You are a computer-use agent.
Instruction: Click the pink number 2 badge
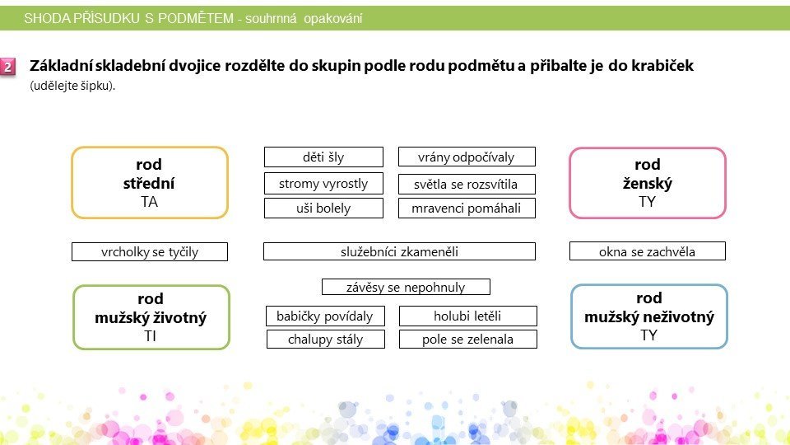[x=8, y=67]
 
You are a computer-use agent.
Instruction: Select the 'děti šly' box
[x=323, y=157]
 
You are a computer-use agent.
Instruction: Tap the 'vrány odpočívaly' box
[x=467, y=157]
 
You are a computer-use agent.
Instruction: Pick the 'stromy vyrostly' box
[x=323, y=183]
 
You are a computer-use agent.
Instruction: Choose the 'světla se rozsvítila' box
[x=467, y=184]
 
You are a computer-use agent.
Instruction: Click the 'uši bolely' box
[x=323, y=208]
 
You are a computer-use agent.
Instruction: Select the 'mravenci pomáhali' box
[x=467, y=208]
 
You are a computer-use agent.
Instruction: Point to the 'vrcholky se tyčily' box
[x=150, y=252]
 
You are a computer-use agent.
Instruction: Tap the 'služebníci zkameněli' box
[x=399, y=251]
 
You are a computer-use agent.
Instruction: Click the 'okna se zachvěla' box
[x=648, y=251]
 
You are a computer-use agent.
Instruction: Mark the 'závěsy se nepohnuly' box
[x=406, y=287]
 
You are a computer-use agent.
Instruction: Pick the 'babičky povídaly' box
[x=325, y=316]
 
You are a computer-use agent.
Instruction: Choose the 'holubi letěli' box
[x=467, y=316]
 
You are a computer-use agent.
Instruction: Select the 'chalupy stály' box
[x=326, y=339]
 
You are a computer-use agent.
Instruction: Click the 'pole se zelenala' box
[x=467, y=339]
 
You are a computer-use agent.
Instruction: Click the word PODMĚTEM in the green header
[x=196, y=18]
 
